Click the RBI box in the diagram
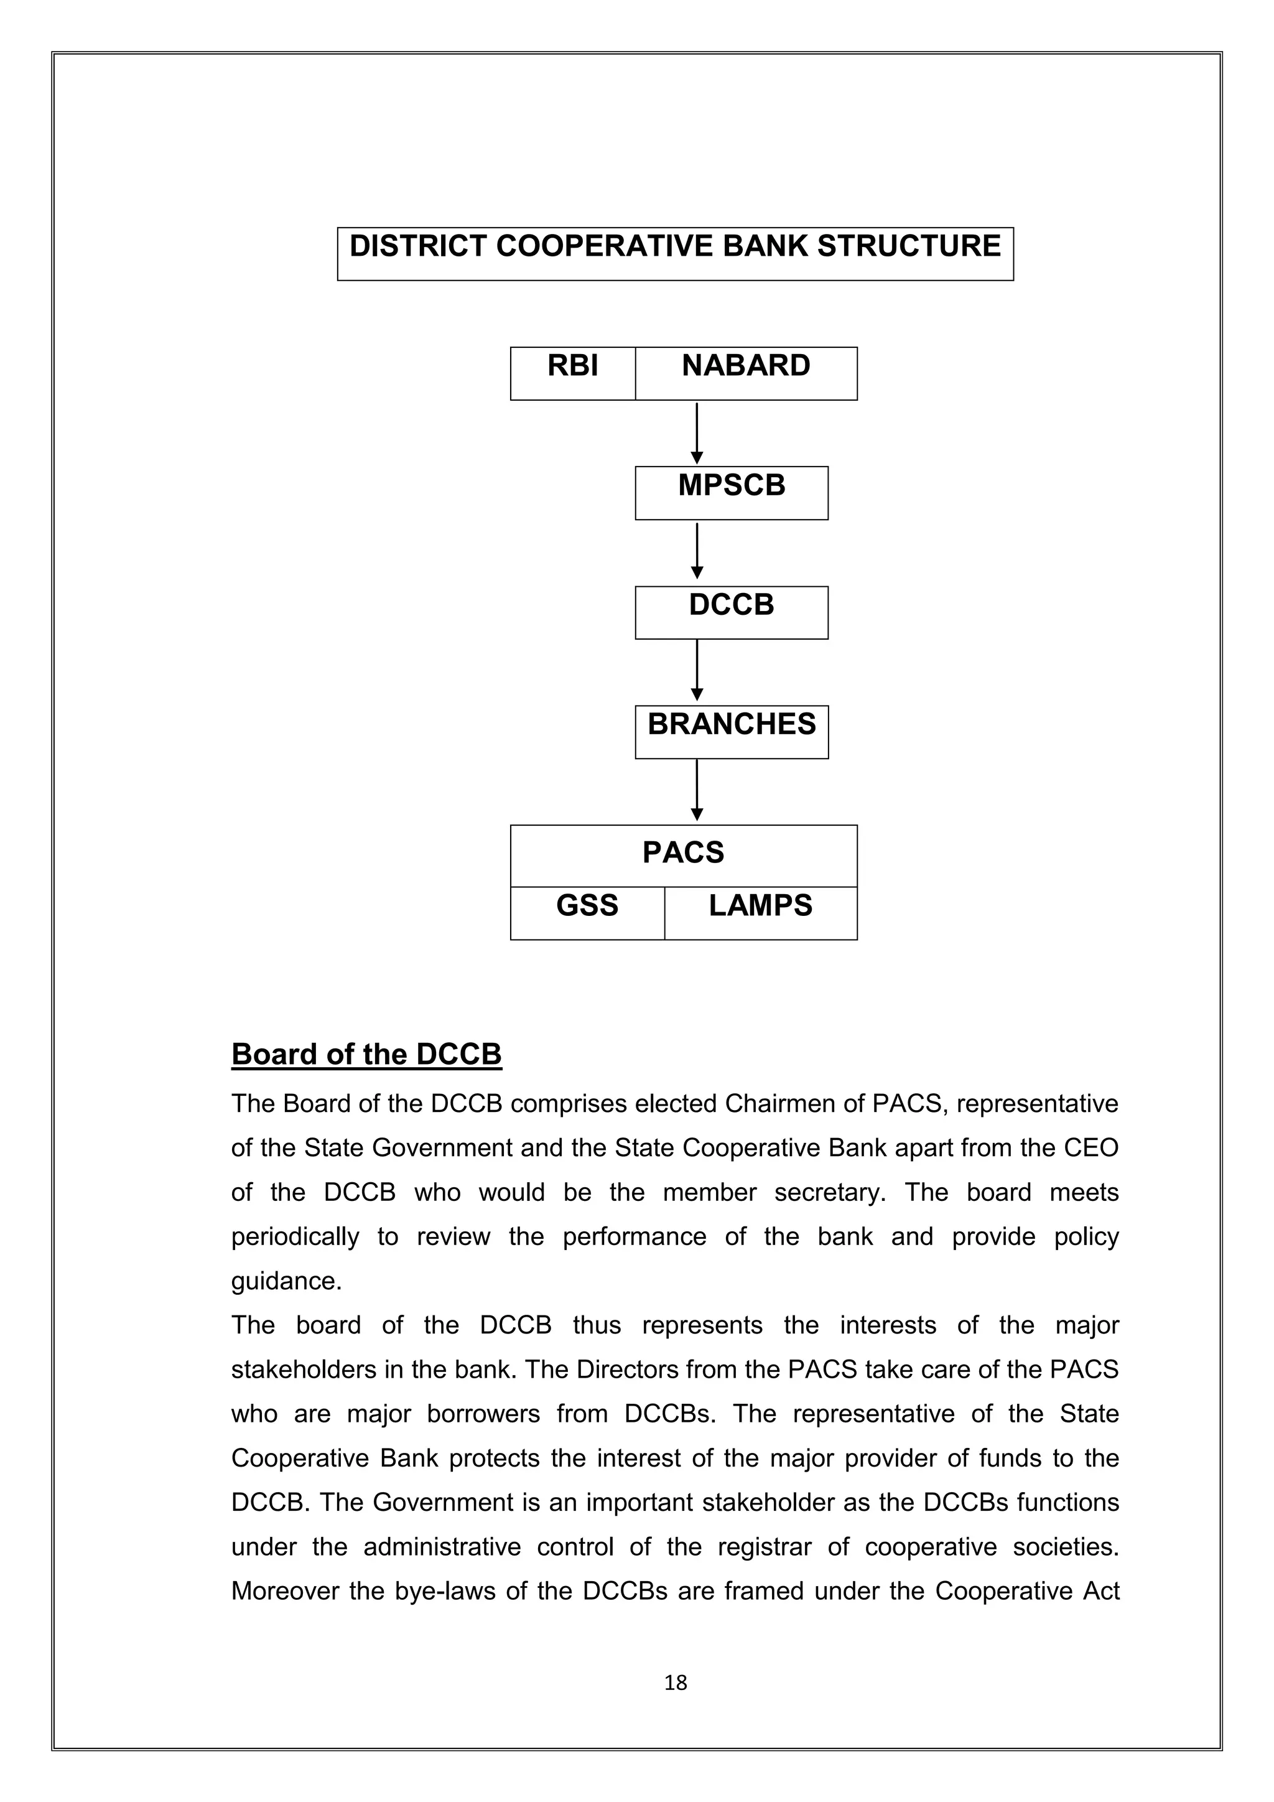click(573, 373)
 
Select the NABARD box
click(745, 373)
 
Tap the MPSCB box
click(731, 492)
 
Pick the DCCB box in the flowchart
click(731, 612)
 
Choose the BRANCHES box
click(731, 732)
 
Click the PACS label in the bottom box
click(683, 853)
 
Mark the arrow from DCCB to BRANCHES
click(697, 671)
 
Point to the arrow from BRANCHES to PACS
click(697, 791)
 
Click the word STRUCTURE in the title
click(909, 246)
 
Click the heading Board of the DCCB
click(366, 1055)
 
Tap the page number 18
click(676, 1683)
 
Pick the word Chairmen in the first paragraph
click(794, 1104)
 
